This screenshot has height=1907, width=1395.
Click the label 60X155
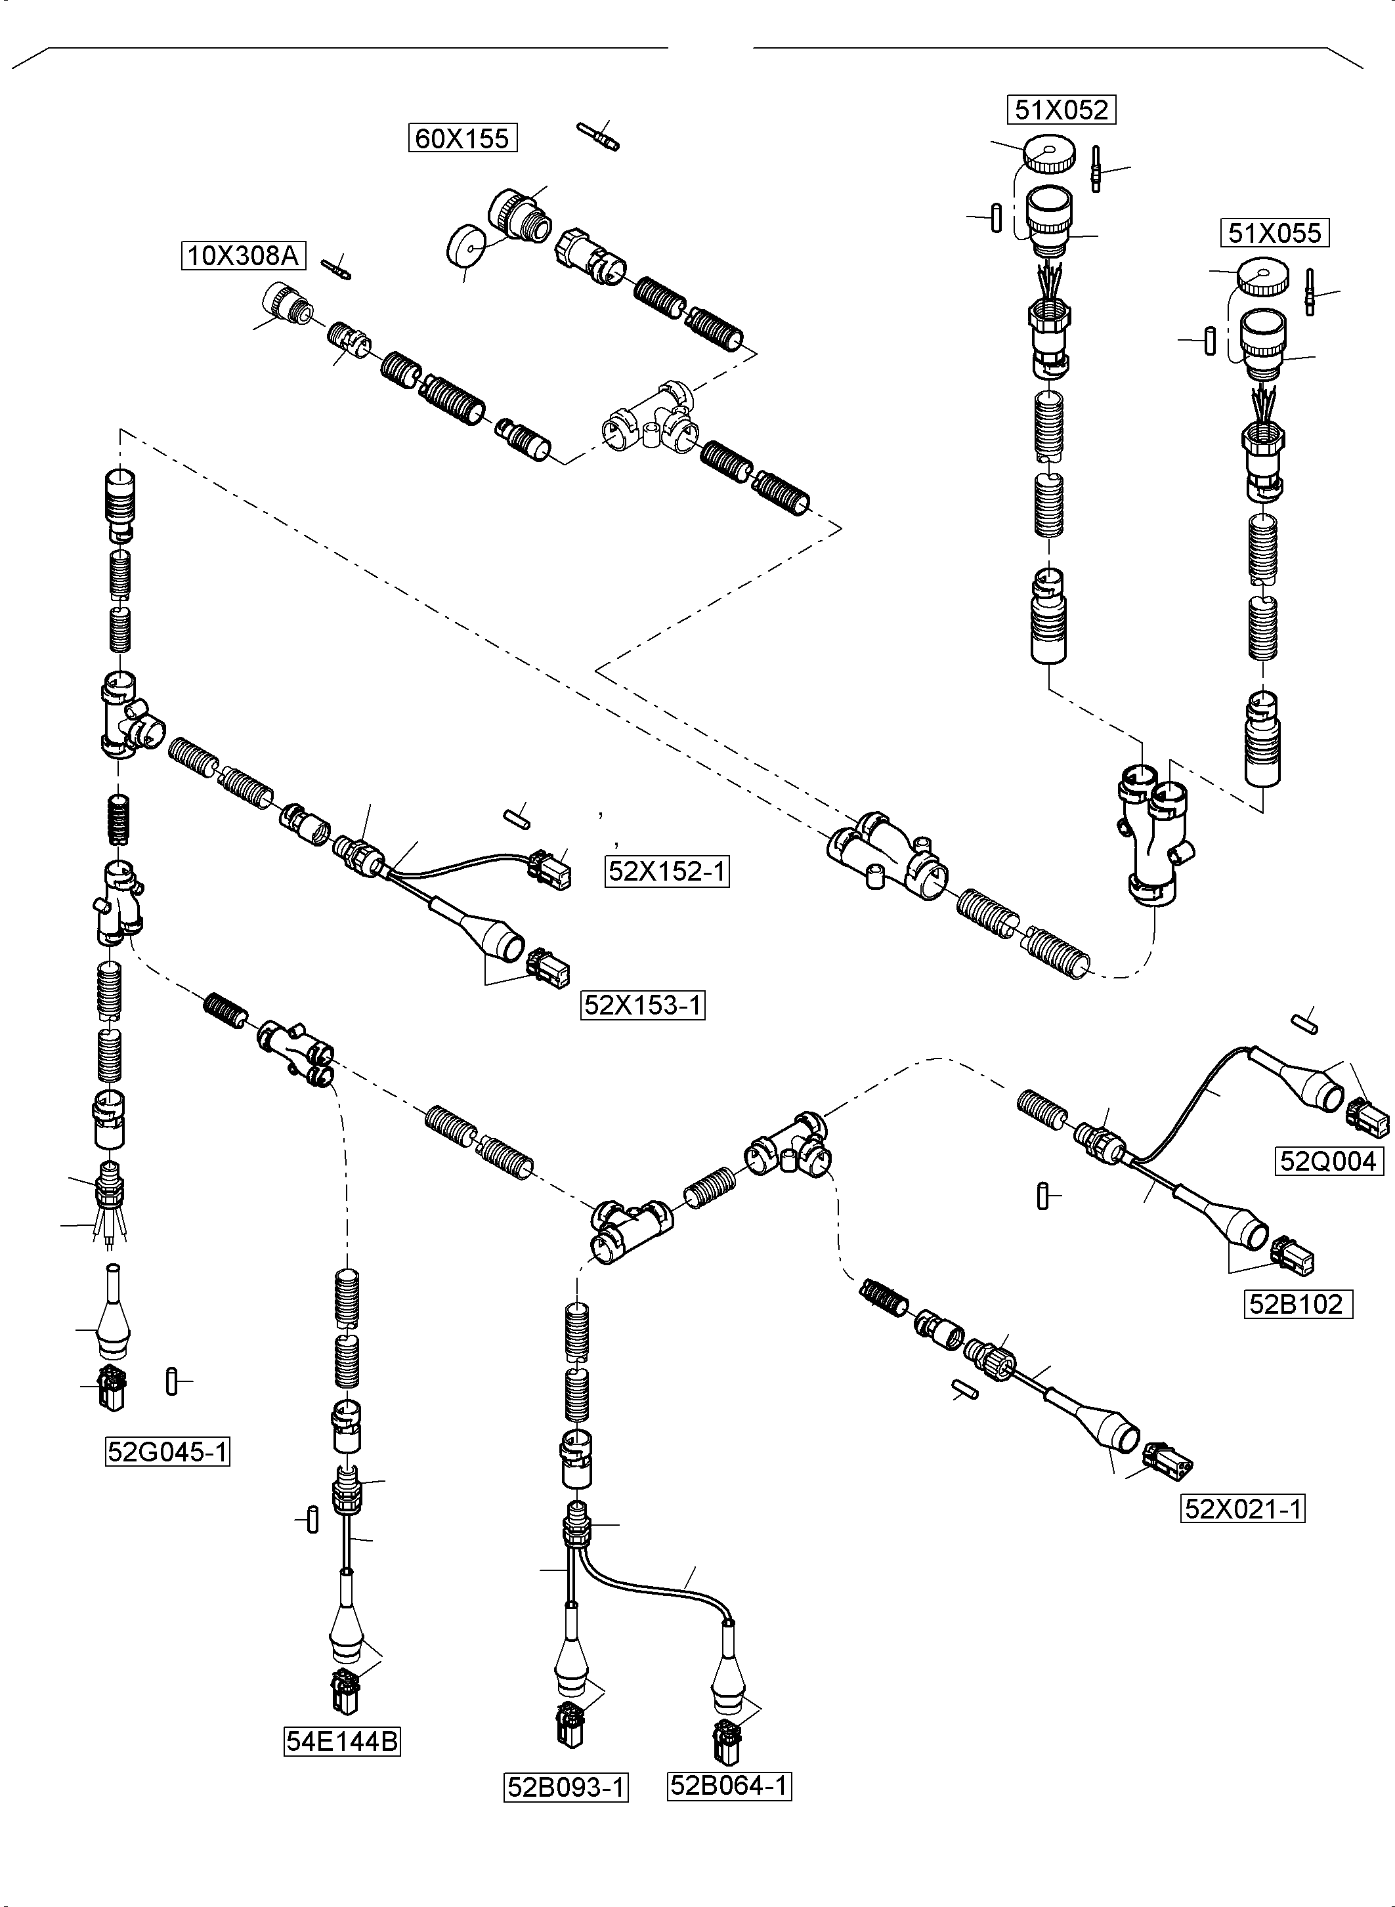tap(462, 138)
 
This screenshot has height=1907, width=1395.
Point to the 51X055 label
tap(1274, 234)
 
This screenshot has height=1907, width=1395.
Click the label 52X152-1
tap(667, 871)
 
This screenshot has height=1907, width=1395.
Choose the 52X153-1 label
tap(643, 1005)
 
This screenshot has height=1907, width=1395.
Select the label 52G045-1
tap(167, 1452)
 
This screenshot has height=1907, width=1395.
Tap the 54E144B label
tap(341, 1742)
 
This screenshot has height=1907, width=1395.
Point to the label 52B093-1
tap(566, 1787)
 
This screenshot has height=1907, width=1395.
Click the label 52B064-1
tap(729, 1786)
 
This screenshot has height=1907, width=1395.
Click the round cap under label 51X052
tap(1049, 154)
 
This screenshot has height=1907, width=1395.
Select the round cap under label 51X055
tap(1263, 279)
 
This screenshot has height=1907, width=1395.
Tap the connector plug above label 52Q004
tap(1368, 1118)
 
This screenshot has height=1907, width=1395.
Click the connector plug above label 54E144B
tap(346, 1692)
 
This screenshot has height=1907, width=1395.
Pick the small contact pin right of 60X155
tap(599, 136)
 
